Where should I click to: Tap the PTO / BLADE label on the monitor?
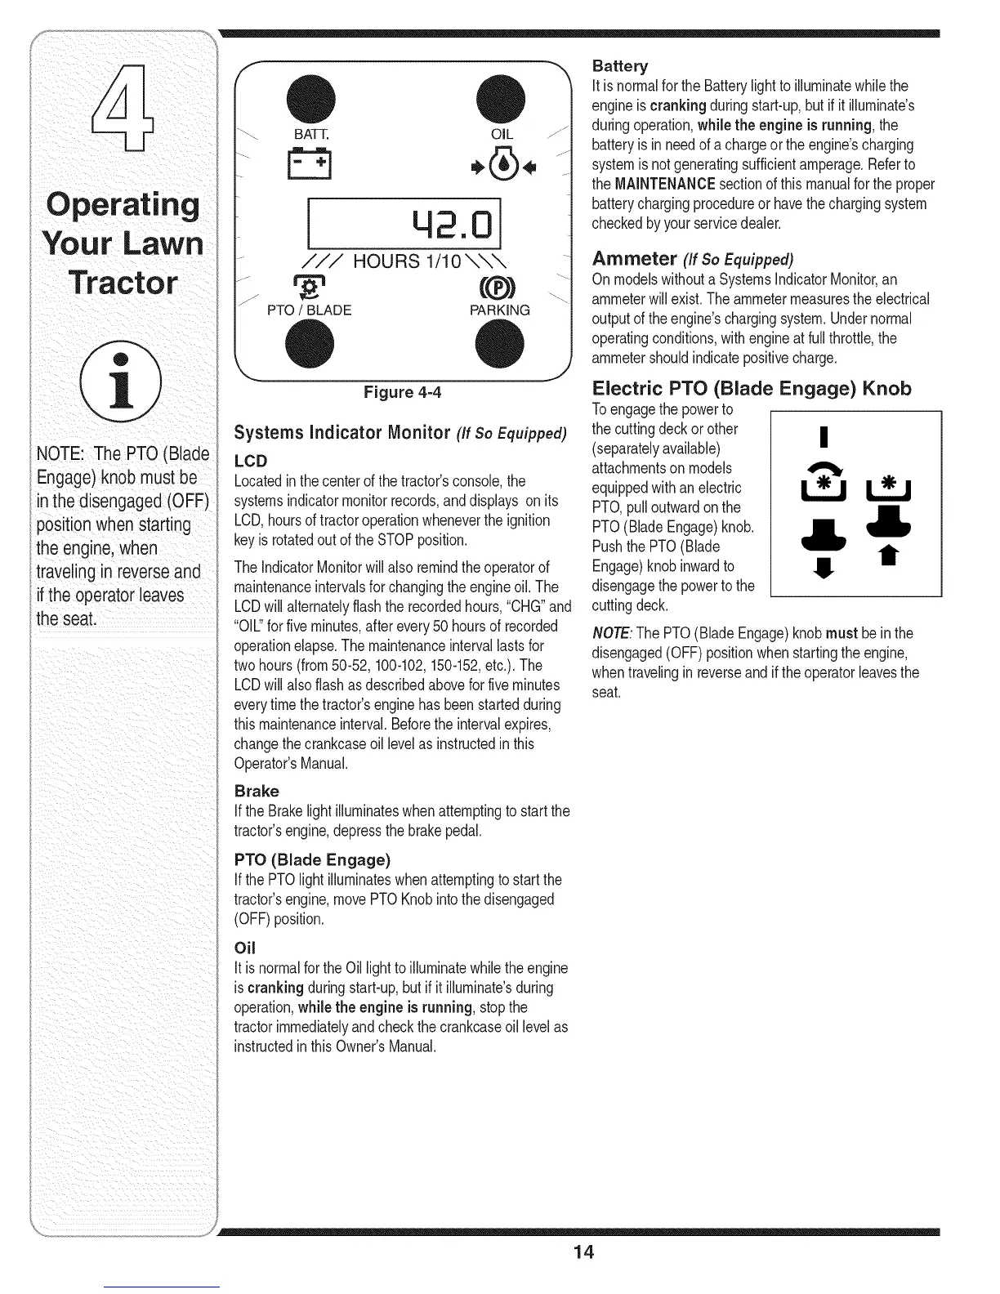click(x=310, y=310)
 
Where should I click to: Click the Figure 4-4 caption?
click(x=402, y=393)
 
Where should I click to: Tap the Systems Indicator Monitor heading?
click(x=400, y=432)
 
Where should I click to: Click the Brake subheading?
click(x=257, y=791)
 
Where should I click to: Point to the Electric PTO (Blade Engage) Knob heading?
click(x=751, y=388)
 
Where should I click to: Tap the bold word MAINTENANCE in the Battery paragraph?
click(x=665, y=184)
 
